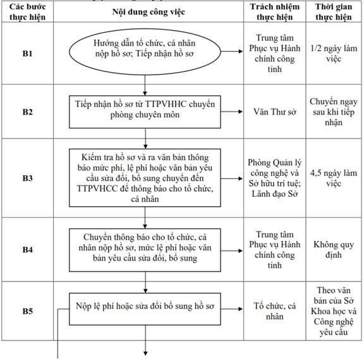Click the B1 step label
27,53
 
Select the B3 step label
27,178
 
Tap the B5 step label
27,311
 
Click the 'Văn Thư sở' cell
275,112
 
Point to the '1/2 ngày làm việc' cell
334,53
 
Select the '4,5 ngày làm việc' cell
334,178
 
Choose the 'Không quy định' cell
334,250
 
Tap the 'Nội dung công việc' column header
149,12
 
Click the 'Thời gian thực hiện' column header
334,12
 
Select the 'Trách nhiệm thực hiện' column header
275,12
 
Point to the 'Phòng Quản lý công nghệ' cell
275,178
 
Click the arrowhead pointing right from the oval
241,51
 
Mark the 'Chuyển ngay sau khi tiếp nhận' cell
334,112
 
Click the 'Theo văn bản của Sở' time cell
334,311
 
